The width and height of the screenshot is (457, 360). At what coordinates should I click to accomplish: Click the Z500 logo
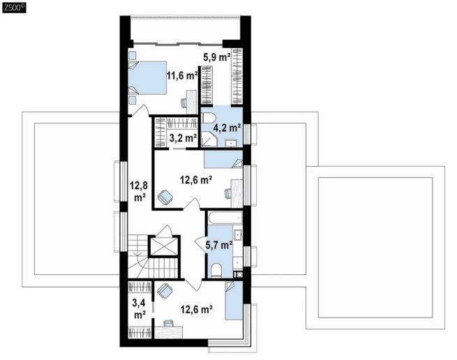(x=14, y=8)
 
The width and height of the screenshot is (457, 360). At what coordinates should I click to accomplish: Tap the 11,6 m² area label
(x=182, y=76)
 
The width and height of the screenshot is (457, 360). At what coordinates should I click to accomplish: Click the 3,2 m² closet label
(x=183, y=137)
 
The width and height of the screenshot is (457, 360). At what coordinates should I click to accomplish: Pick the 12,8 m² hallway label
(x=140, y=191)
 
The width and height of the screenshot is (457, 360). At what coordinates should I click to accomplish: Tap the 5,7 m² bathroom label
(x=219, y=245)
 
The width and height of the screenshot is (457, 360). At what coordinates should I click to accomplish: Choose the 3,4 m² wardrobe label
(x=140, y=308)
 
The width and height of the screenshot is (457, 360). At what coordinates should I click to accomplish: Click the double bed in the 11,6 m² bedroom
(x=147, y=77)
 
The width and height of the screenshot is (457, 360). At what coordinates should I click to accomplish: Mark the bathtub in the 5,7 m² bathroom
(x=225, y=218)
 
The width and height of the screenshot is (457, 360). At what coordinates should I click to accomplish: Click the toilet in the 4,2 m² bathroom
(x=209, y=119)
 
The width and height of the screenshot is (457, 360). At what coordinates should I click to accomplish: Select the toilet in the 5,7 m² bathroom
(x=216, y=271)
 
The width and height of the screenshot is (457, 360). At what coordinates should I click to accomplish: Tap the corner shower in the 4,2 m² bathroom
(x=209, y=139)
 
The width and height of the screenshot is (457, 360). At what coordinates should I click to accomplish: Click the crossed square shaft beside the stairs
(x=163, y=246)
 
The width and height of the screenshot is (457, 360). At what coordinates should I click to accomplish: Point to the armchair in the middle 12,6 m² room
(x=165, y=197)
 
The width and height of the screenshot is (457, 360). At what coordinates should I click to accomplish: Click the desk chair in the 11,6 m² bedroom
(x=184, y=103)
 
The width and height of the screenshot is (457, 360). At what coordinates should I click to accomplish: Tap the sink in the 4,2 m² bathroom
(x=232, y=144)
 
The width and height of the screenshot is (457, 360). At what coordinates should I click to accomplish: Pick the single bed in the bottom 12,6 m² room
(x=234, y=300)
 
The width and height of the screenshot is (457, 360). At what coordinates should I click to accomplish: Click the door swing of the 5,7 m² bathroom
(x=200, y=244)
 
